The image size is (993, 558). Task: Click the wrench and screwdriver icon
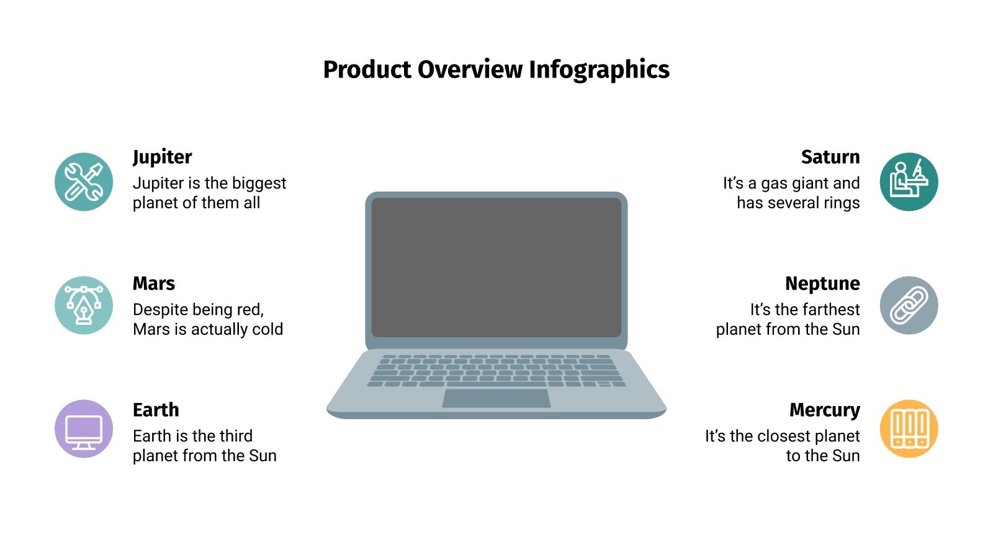(84, 182)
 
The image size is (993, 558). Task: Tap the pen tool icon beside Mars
(84, 305)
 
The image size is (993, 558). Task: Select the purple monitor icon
(84, 429)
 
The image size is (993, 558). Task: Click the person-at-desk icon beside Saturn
(909, 182)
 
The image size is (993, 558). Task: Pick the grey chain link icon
(909, 305)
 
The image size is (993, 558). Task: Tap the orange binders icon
(909, 429)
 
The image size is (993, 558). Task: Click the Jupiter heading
(162, 157)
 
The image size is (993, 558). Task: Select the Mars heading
(154, 283)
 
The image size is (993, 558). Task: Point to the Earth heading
(156, 410)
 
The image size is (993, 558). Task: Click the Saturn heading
(830, 157)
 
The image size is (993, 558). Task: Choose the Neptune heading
(822, 283)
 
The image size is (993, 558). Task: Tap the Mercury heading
(824, 410)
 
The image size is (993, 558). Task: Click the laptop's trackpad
(496, 398)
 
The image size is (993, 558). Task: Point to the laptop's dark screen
(496, 267)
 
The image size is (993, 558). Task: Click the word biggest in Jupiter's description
(259, 184)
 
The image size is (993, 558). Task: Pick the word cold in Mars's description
(267, 329)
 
